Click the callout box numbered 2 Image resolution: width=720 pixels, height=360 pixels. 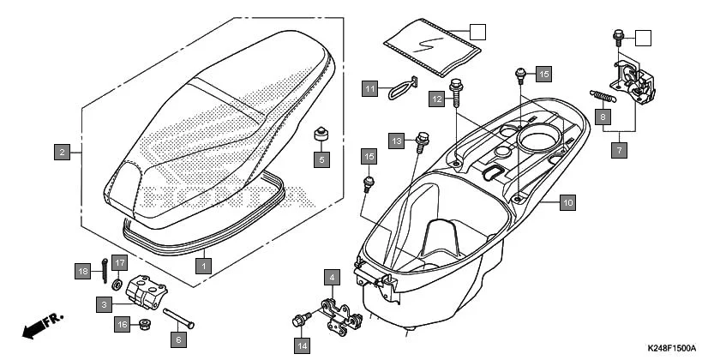(61, 153)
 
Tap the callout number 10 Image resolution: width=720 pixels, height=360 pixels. (568, 203)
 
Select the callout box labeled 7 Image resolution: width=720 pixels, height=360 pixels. (619, 150)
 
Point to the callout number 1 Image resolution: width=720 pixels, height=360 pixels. (204, 267)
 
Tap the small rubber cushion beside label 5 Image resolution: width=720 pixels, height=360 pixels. (321, 135)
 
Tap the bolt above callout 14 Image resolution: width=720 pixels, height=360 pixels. (299, 321)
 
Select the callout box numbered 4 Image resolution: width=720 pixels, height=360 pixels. (329, 278)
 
